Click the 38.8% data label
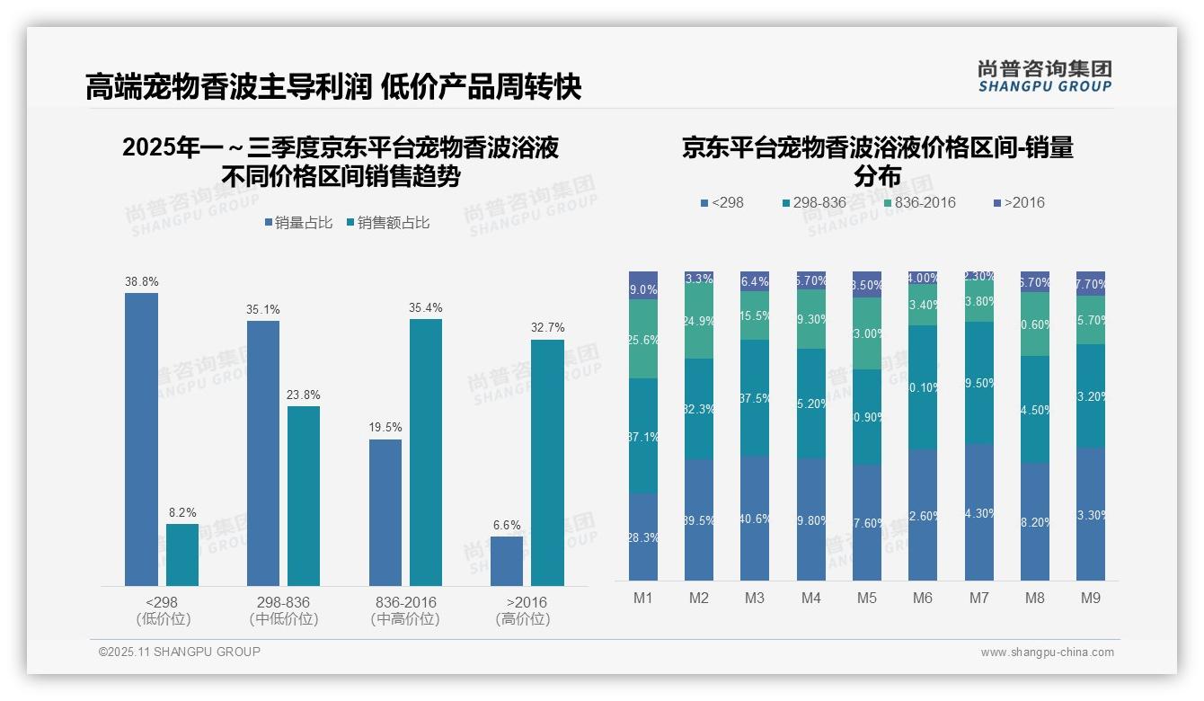tap(141, 281)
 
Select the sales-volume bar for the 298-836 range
tap(262, 453)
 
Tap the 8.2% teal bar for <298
tap(182, 555)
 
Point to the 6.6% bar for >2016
tap(507, 561)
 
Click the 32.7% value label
tap(547, 328)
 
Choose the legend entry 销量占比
tap(301, 223)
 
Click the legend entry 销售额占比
tap(387, 223)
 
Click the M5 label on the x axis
tap(866, 598)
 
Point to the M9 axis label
tap(1090, 598)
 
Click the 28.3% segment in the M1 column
tap(643, 537)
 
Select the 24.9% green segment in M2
tap(699, 321)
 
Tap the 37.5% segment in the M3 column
tap(755, 398)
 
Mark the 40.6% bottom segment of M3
tap(755, 518)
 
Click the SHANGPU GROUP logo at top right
tap(1044, 76)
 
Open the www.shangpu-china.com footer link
tap(1047, 652)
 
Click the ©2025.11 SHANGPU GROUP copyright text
tap(180, 652)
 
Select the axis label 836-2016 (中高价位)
tap(404, 610)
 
